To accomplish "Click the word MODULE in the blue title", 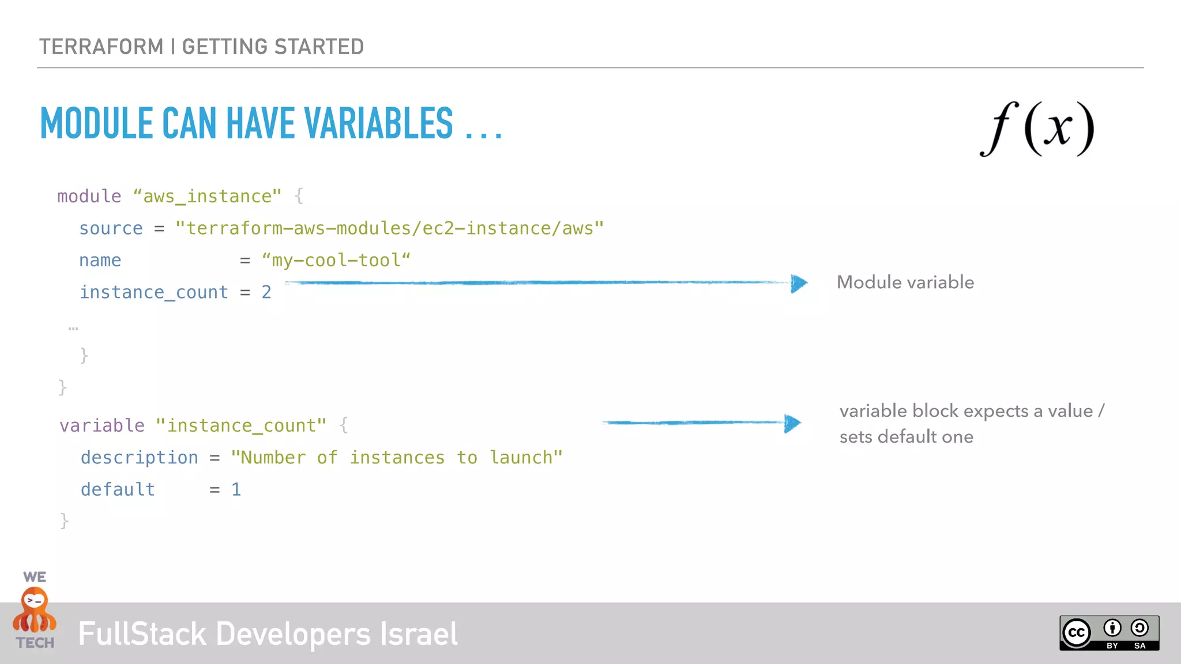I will coord(96,124).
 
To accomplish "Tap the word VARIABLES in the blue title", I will coord(378,124).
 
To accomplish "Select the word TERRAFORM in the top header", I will coord(101,47).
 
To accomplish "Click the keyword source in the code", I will coord(111,229).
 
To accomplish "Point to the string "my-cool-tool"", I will coord(336,261).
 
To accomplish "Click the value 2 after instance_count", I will coord(266,292).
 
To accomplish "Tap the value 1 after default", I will coord(236,489).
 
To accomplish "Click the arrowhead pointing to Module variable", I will coord(799,283).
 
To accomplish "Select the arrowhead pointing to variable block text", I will coord(792,424).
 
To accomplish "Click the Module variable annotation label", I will coord(905,282).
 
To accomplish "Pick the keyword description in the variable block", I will coord(139,458).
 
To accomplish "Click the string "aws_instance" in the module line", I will coord(208,197).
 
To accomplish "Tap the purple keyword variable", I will coord(102,425).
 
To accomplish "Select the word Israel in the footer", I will coord(419,634).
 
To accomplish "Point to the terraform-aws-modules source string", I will coord(390,229).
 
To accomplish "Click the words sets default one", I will coord(906,437).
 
